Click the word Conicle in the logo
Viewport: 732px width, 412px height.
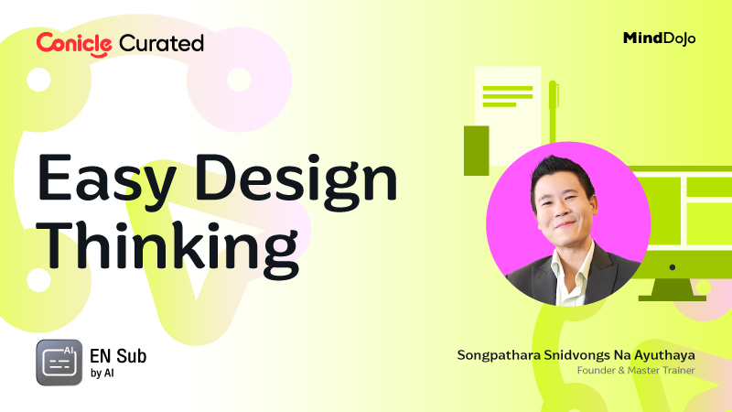[x=74, y=42]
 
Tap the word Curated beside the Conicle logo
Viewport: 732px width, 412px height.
[x=161, y=43]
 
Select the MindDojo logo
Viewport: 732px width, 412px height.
[x=659, y=38]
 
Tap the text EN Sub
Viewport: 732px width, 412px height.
[x=118, y=355]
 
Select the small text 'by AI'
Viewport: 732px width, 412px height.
[x=102, y=374]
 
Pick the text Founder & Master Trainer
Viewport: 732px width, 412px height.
[x=636, y=371]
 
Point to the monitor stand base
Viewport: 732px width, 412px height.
[x=672, y=296]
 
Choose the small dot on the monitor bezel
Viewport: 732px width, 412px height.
[x=672, y=267]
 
